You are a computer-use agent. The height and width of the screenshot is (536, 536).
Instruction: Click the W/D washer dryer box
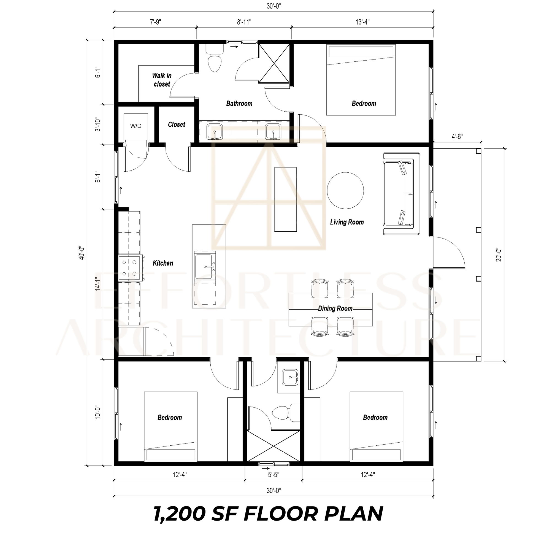(136, 126)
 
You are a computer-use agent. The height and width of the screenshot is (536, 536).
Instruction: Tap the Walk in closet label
(162, 80)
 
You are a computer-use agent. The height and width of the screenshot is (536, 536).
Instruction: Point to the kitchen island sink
(205, 267)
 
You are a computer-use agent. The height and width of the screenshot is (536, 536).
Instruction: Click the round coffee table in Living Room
(345, 191)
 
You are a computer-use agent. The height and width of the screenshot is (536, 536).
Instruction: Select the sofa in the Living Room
(401, 194)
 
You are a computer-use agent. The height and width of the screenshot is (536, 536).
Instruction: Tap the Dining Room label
(335, 308)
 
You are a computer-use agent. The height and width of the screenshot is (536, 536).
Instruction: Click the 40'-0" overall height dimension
(81, 253)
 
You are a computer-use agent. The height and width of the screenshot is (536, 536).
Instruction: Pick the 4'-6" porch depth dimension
(457, 137)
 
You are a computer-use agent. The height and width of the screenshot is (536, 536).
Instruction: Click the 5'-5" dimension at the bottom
(273, 475)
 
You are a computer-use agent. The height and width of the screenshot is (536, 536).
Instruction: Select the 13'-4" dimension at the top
(362, 22)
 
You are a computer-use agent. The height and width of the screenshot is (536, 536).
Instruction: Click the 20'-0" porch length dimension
(499, 255)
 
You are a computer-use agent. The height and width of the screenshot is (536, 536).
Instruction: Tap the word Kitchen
(163, 263)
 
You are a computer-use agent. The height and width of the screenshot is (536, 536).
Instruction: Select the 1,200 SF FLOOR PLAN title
(268, 514)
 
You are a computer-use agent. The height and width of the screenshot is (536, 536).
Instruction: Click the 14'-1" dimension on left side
(98, 284)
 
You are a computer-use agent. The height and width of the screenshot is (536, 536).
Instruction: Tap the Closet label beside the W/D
(177, 124)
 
